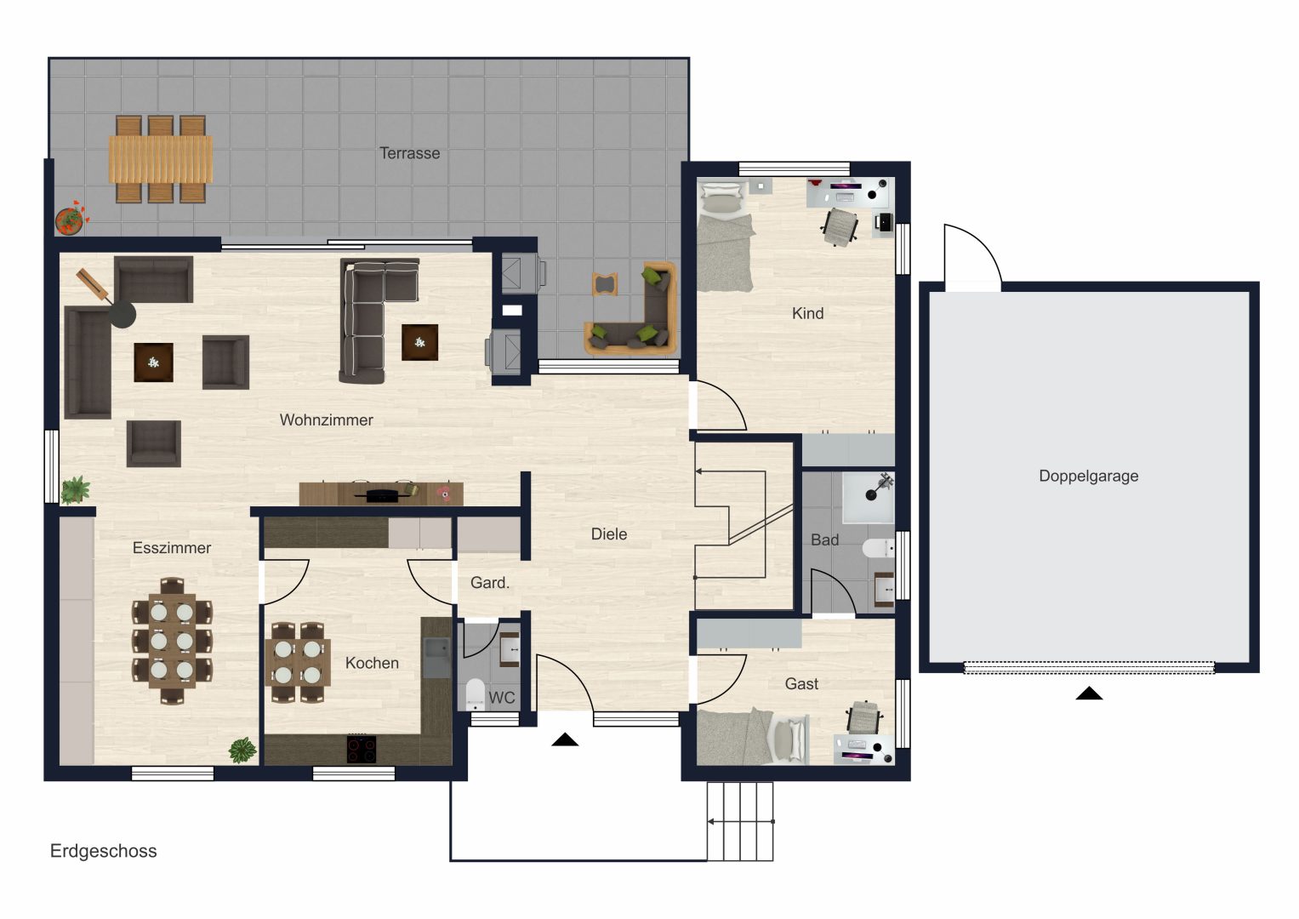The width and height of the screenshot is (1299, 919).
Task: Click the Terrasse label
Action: click(409, 153)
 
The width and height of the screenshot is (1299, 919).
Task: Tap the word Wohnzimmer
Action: click(326, 420)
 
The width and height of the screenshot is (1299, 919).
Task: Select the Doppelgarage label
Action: click(1089, 477)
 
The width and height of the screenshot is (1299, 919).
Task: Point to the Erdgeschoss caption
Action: click(103, 851)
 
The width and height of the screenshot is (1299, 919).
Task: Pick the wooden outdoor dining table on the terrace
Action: click(161, 159)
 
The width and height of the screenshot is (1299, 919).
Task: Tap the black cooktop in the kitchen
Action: click(362, 749)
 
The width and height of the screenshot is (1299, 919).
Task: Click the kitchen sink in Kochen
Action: click(436, 657)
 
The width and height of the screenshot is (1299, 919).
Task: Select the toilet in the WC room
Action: click(475, 694)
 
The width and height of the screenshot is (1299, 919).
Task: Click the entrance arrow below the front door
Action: click(565, 739)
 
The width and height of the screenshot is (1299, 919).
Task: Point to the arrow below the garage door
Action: click(1089, 694)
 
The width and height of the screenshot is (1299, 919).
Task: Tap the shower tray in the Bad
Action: click(868, 498)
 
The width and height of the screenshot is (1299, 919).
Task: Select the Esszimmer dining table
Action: click(172, 641)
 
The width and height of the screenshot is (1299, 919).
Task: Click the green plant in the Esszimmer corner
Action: click(242, 751)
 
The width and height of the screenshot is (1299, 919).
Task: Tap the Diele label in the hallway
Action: click(609, 534)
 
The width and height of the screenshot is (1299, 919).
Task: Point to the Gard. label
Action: click(490, 583)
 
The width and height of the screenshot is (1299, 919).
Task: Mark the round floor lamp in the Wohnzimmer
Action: click(122, 314)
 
